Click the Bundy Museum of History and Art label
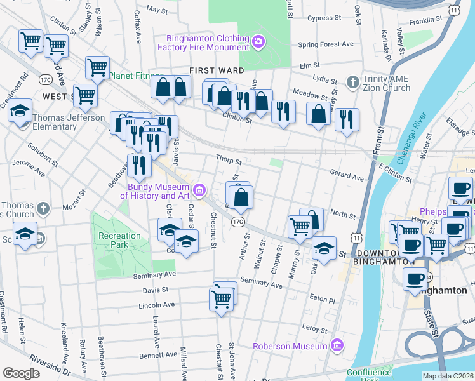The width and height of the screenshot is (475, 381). point(158,191)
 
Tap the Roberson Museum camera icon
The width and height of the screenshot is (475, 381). point(337,346)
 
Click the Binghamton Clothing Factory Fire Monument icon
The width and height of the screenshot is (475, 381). point(258,42)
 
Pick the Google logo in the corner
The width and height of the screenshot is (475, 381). point(22,373)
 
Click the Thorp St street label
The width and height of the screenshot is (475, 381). point(229,162)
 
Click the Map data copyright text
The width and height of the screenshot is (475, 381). point(448,376)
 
